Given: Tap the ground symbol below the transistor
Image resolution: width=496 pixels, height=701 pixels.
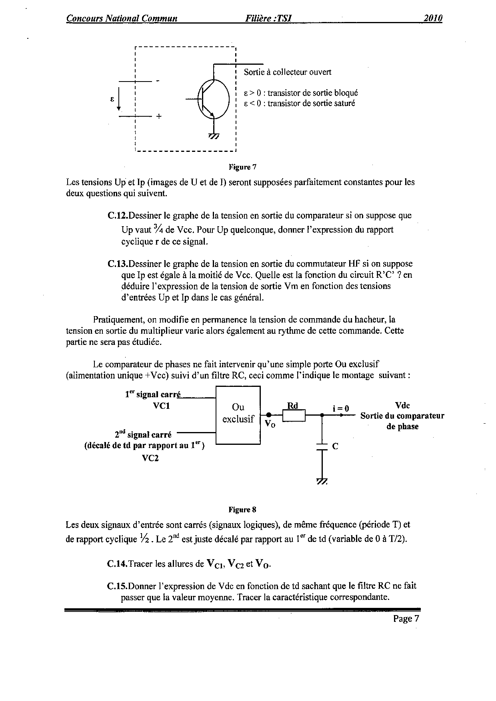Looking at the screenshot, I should pos(214,136).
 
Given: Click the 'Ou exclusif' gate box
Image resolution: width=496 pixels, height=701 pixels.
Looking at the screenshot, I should pos(238,414).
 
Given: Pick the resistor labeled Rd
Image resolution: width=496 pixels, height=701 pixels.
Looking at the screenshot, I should pos(294,416).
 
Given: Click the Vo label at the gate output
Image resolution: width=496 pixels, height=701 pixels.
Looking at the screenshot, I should pos(270,424).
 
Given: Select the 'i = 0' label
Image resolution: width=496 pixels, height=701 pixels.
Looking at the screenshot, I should pos(341,408).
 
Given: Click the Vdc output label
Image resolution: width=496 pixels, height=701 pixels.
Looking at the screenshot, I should pos(402,405).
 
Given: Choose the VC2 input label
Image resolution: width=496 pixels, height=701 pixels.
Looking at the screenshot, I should pos(150,458).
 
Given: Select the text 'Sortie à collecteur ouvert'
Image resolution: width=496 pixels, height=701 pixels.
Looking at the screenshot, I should pos(287,72).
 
